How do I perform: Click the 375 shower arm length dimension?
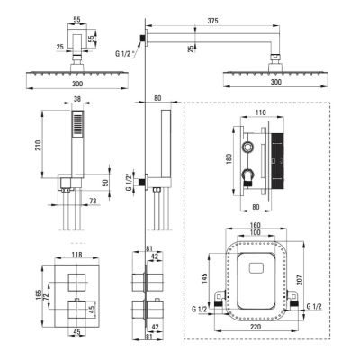click(x=212, y=21)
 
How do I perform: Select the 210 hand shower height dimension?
click(x=39, y=145)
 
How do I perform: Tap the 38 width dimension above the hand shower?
click(x=77, y=99)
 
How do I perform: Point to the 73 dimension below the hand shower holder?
click(x=93, y=201)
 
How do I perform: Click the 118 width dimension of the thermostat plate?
click(x=77, y=255)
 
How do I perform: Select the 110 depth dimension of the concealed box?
click(x=261, y=112)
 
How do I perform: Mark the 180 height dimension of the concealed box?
click(x=229, y=159)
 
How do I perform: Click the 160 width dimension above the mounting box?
click(x=256, y=225)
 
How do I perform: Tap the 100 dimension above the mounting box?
click(x=256, y=232)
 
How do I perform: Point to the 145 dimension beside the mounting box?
click(x=204, y=279)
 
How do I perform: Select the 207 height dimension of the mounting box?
click(x=302, y=281)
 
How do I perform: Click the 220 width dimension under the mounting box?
click(x=256, y=327)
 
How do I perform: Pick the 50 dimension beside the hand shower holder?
click(x=105, y=183)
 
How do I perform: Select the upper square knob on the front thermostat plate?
click(x=77, y=283)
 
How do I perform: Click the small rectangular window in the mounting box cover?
click(x=256, y=268)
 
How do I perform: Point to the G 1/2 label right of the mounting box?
click(x=314, y=306)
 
